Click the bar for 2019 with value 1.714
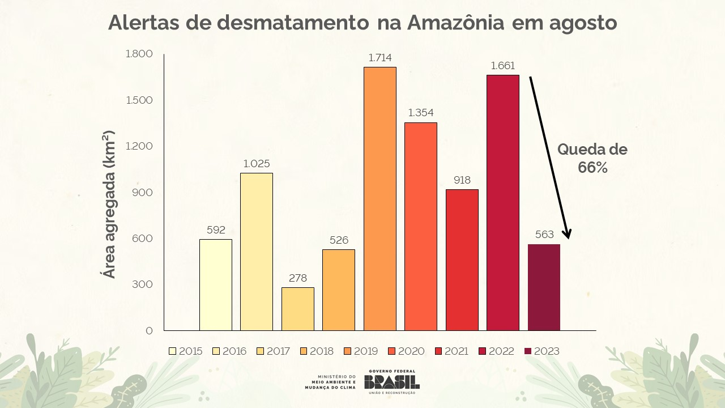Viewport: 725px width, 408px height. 379,198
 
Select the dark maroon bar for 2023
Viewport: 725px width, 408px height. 544,287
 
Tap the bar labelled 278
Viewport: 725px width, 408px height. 297,309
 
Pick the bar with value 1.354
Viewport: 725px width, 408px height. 420,227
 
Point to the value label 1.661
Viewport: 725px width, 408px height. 502,66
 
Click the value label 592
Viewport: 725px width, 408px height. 216,230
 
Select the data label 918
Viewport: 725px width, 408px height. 462,180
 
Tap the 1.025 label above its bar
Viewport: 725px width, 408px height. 257,164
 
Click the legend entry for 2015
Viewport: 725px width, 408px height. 186,351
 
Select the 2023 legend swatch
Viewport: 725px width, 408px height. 528,351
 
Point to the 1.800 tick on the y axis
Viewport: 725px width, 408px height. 139,54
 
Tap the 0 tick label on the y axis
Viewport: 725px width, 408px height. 150,330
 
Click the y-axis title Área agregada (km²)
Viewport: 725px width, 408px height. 109,204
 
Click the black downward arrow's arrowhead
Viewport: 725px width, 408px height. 568,234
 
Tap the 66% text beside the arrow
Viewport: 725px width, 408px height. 592,167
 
